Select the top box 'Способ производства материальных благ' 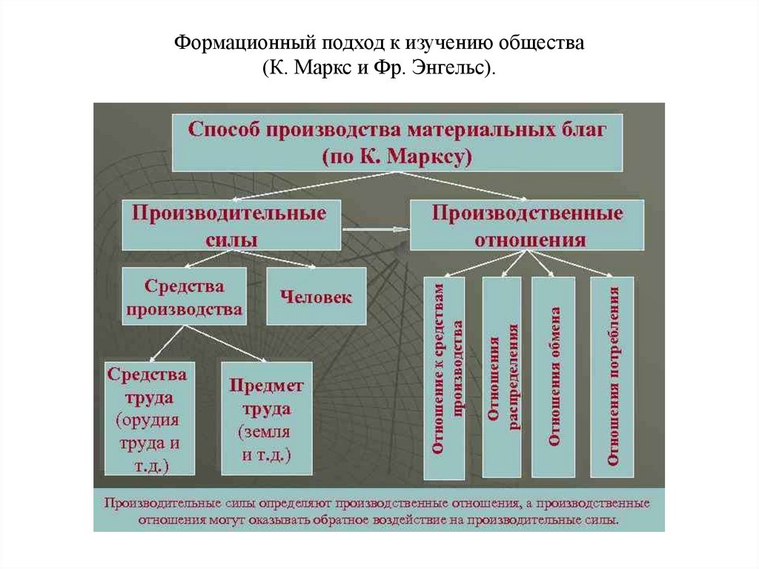click(397, 142)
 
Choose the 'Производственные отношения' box click(528, 225)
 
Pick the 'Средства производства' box click(185, 296)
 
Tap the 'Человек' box click(316, 296)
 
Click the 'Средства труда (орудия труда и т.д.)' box click(150, 418)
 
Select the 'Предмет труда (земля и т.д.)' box click(266, 418)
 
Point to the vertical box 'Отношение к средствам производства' click(445, 377)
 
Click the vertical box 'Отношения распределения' click(502, 377)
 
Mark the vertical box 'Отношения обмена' click(554, 377)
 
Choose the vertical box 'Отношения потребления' click(612, 377)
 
